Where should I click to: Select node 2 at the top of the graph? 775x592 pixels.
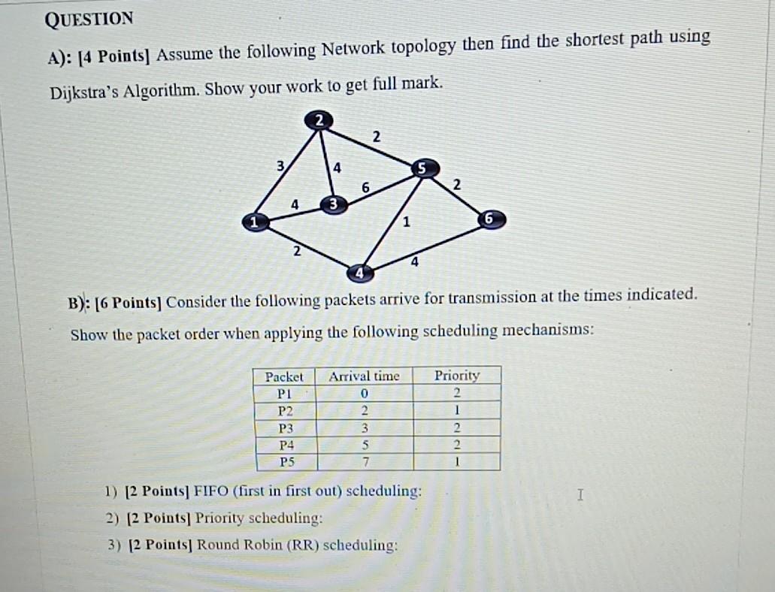[x=319, y=119]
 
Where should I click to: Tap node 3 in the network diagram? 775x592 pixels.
[x=333, y=204]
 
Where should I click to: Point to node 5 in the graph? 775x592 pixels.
[x=423, y=170]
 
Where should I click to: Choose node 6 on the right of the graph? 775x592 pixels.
[x=489, y=219]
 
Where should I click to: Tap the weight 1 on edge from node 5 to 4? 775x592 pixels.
[x=407, y=222]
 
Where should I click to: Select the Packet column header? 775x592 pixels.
[x=284, y=376]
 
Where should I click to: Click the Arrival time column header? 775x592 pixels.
[x=365, y=376]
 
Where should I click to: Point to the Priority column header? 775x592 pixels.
[x=456, y=375]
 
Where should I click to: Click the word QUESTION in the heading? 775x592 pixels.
[x=89, y=20]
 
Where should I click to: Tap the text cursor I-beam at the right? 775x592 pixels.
[x=579, y=495]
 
